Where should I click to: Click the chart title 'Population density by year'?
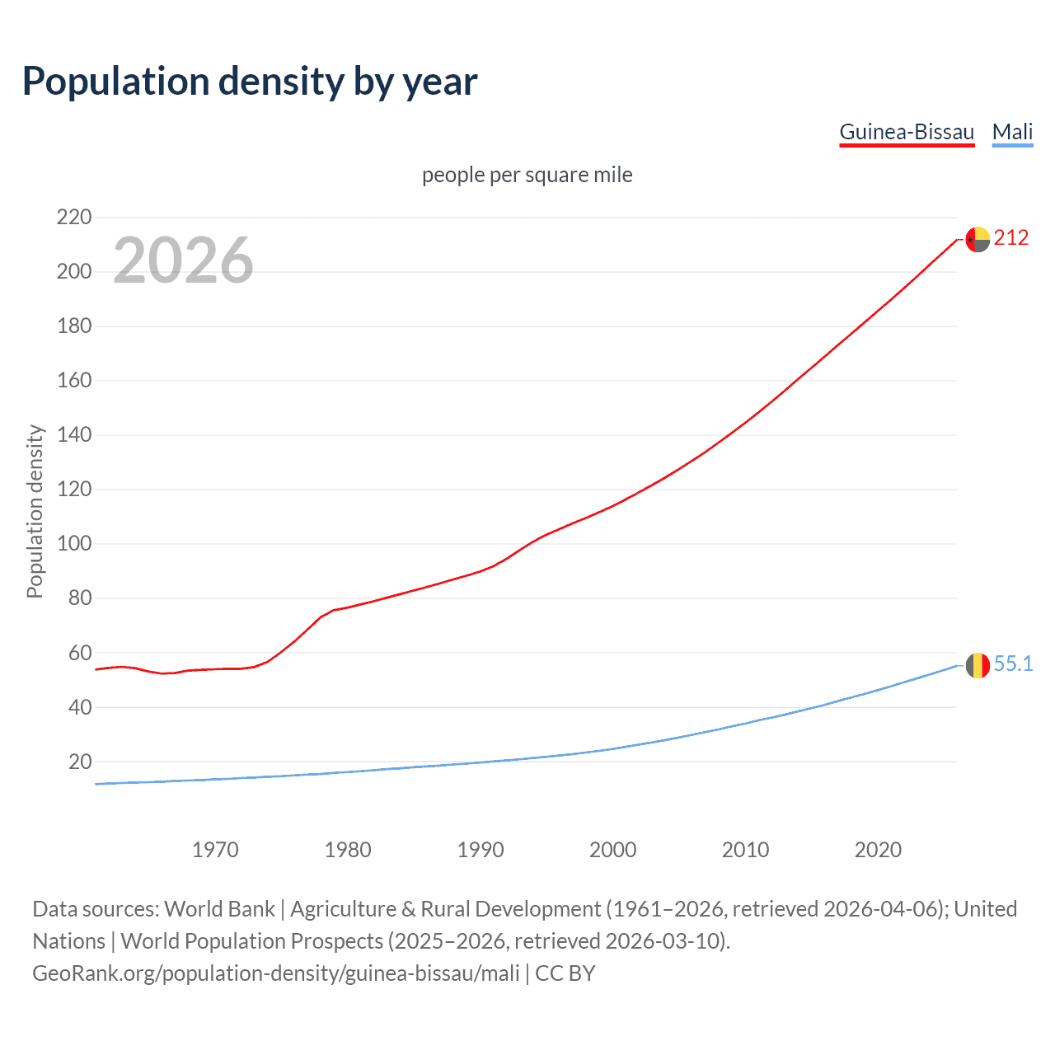(250, 82)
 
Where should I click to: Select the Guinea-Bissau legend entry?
(907, 132)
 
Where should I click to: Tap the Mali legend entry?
(1012, 132)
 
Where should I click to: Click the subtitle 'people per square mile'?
(527, 175)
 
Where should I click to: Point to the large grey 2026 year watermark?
(183, 260)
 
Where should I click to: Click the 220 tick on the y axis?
(73, 218)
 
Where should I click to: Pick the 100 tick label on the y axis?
(73, 544)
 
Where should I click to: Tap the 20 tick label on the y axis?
(80, 762)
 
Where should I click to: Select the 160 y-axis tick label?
(73, 381)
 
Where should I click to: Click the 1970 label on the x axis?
(215, 850)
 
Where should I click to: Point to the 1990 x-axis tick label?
(481, 850)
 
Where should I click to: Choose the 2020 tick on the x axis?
(878, 850)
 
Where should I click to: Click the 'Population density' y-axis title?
(35, 511)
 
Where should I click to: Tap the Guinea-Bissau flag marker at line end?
(978, 239)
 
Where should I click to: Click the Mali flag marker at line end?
(978, 665)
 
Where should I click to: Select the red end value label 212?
(1011, 238)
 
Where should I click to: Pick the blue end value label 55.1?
(1013, 664)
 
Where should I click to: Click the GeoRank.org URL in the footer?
(276, 973)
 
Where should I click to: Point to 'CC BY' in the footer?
(565, 973)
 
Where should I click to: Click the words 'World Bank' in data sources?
(219, 909)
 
